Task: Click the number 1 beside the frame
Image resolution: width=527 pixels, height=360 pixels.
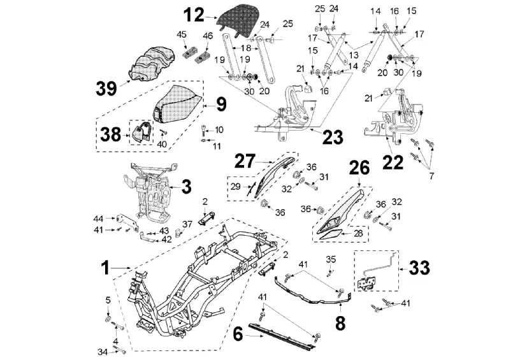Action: (x=107, y=268)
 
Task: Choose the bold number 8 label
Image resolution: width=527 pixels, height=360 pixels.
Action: (x=340, y=322)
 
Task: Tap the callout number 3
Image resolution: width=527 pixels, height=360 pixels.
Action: (x=186, y=187)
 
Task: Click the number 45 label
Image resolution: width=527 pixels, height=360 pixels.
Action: (x=182, y=34)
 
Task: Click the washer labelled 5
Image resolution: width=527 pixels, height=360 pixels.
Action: (x=108, y=317)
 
